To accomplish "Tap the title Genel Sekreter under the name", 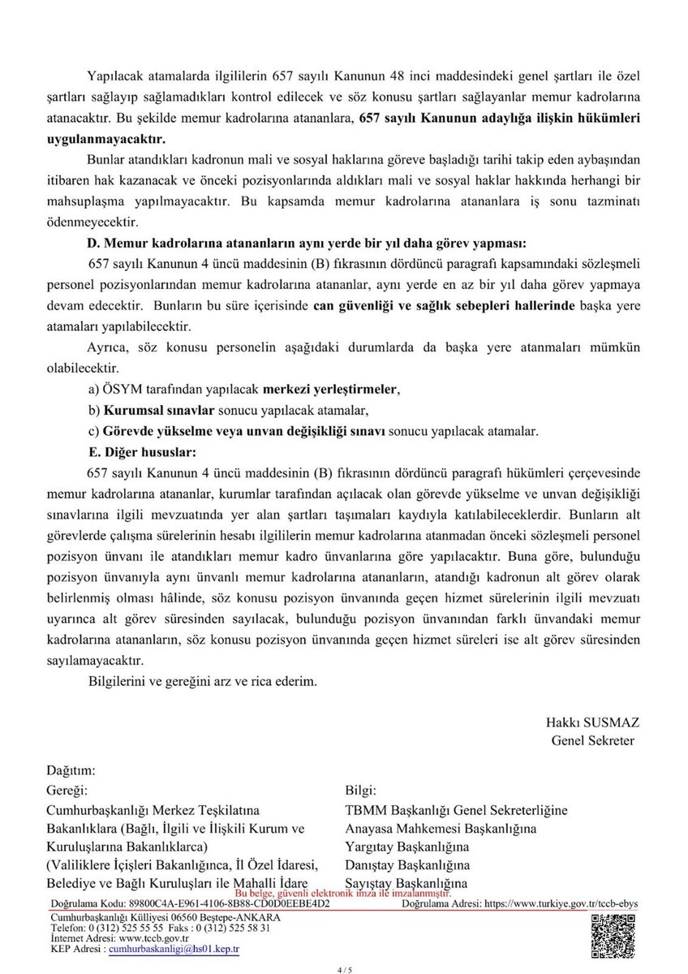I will click(x=592, y=740).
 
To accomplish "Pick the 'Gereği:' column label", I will click(x=68, y=790).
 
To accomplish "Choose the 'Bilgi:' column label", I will click(x=361, y=790).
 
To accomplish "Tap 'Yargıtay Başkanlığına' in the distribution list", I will click(x=407, y=847).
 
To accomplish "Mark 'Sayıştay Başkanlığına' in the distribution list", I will click(x=406, y=883).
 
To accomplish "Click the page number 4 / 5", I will click(x=344, y=968).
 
